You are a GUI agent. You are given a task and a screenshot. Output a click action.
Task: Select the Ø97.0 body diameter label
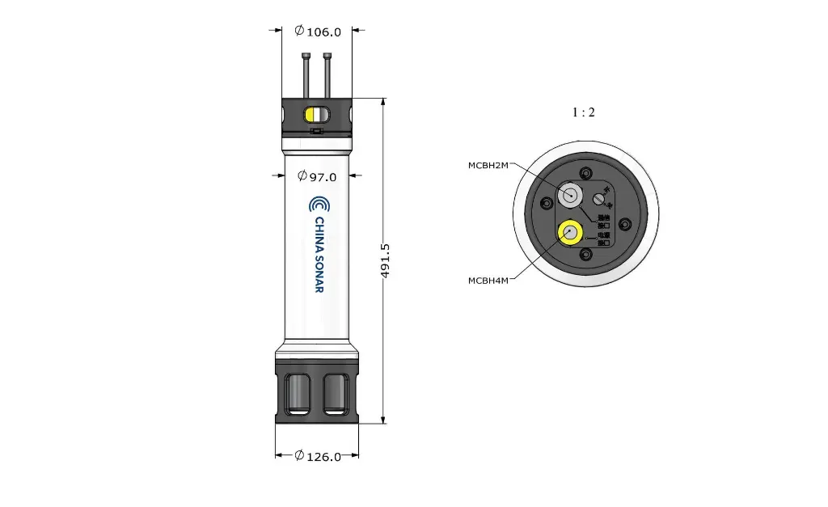point(317,176)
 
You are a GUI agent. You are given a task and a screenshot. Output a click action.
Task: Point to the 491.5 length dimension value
point(386,260)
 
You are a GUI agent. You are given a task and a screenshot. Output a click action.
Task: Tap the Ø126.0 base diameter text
point(317,456)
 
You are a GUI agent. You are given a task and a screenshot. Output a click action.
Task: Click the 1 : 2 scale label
point(583,112)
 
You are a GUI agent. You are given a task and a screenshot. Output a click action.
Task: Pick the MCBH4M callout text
point(488,281)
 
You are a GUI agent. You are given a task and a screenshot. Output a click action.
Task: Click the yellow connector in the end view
point(572,234)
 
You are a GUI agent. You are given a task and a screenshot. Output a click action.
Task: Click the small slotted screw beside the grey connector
point(600,198)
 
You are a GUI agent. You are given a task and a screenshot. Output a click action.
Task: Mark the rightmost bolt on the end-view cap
point(623,224)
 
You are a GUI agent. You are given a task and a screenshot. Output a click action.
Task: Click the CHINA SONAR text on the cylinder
point(319,255)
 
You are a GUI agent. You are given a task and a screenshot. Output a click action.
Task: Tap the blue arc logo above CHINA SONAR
point(319,204)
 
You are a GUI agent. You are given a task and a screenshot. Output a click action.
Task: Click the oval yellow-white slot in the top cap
point(316,114)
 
